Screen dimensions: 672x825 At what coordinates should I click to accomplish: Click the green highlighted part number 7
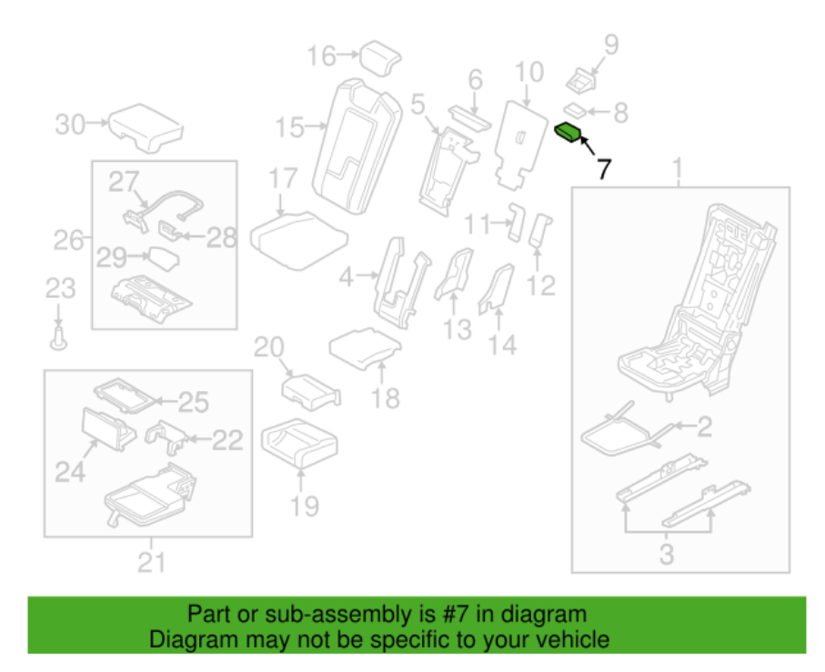click(x=569, y=133)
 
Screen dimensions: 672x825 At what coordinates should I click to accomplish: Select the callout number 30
click(x=69, y=125)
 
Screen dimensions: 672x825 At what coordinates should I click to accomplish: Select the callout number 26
click(x=68, y=241)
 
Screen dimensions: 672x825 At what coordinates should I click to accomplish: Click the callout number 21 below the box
click(x=150, y=563)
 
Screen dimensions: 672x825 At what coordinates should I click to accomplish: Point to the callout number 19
click(x=306, y=506)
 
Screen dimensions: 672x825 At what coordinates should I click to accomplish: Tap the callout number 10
click(x=528, y=71)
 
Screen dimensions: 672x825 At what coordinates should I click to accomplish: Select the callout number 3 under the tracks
click(x=667, y=553)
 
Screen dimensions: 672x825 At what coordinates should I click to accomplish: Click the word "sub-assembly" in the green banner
click(x=347, y=614)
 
